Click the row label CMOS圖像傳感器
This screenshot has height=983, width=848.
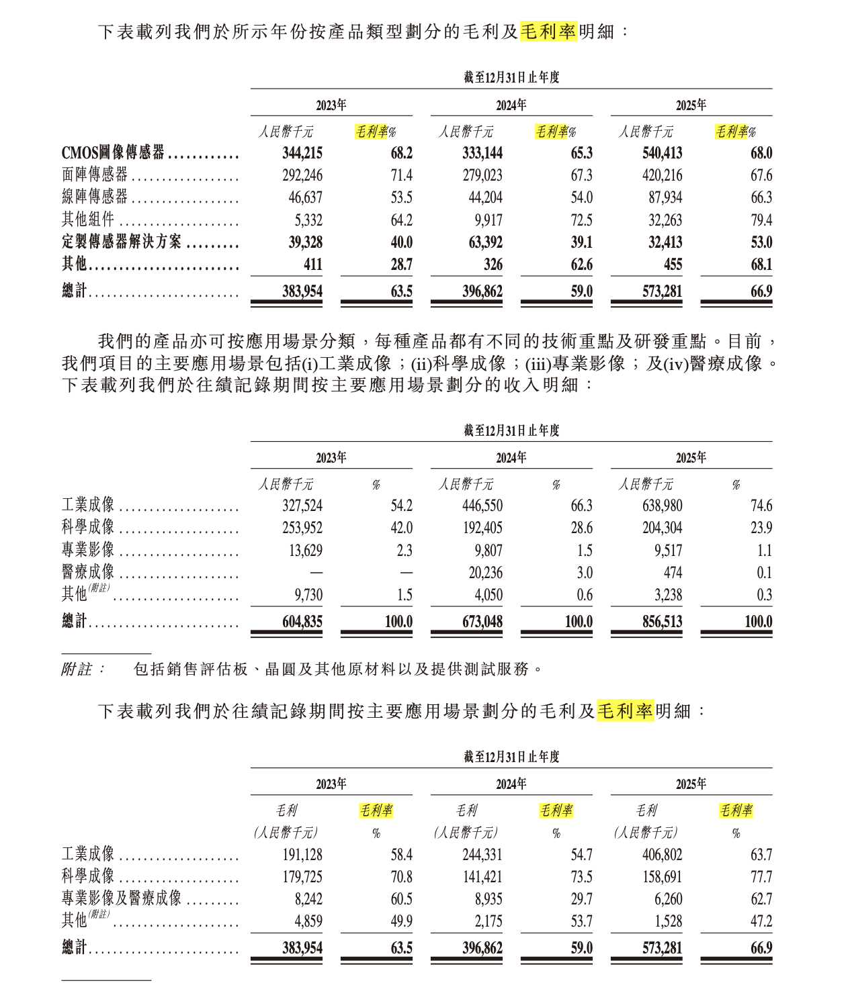click(x=113, y=153)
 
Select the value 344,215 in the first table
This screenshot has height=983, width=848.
click(x=302, y=153)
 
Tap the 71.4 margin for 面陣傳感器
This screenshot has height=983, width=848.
click(x=401, y=175)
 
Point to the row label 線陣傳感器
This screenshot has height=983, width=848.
click(x=95, y=197)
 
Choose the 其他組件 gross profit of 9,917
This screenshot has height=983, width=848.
click(x=487, y=220)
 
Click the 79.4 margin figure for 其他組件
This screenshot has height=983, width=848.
click(x=761, y=220)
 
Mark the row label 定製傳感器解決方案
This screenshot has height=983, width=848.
click(x=122, y=242)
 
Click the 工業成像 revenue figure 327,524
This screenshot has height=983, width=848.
click(x=302, y=506)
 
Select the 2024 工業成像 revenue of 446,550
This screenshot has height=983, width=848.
click(x=482, y=506)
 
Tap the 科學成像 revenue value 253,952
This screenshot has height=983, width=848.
click(x=302, y=528)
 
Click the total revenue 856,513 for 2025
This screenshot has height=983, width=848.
click(x=662, y=622)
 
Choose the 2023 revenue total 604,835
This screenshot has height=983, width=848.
click(x=302, y=622)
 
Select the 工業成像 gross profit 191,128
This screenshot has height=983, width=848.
click(x=302, y=855)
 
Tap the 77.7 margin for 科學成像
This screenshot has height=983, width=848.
click(x=761, y=877)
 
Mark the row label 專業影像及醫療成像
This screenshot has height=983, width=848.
click(x=122, y=899)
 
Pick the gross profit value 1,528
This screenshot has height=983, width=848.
click(x=668, y=921)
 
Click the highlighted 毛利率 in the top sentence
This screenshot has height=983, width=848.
click(x=548, y=32)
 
